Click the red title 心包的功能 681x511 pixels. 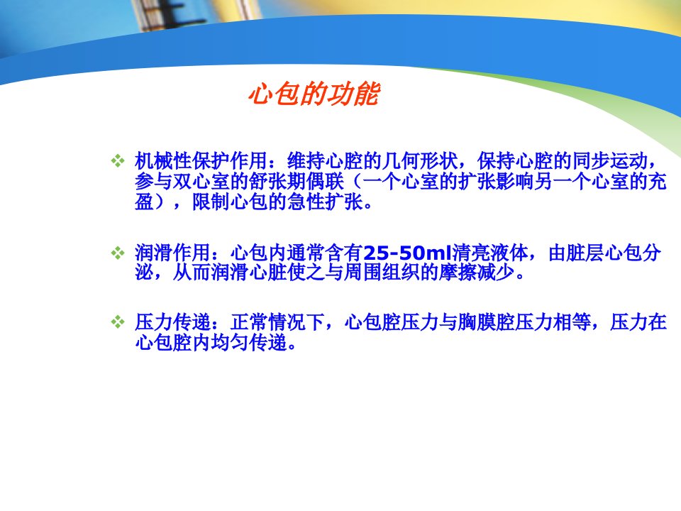coord(314,94)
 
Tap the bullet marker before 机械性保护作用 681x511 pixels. coord(118,161)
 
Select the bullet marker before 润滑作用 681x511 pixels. coord(118,253)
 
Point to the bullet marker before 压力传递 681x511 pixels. coord(118,322)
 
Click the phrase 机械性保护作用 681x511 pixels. coord(201,161)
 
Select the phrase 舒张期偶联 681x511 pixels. coord(297,181)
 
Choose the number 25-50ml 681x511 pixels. coord(407,253)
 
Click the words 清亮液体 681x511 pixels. coord(489,253)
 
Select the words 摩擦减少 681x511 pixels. coord(477,273)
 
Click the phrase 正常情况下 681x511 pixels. coord(278,322)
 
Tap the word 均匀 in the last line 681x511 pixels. coord(230,342)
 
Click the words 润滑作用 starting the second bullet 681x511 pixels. coord(172,253)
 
